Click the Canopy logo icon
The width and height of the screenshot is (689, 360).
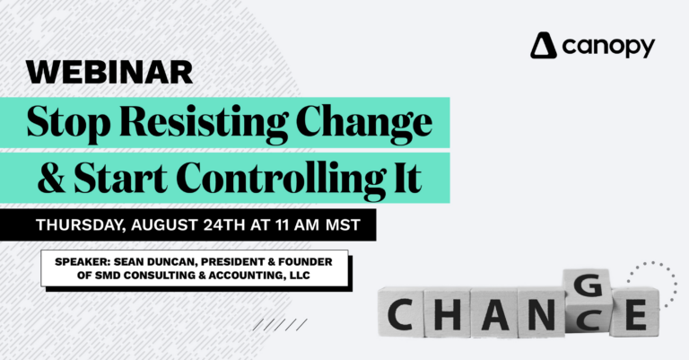tap(544, 45)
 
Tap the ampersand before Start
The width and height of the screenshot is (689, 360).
tap(48, 176)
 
